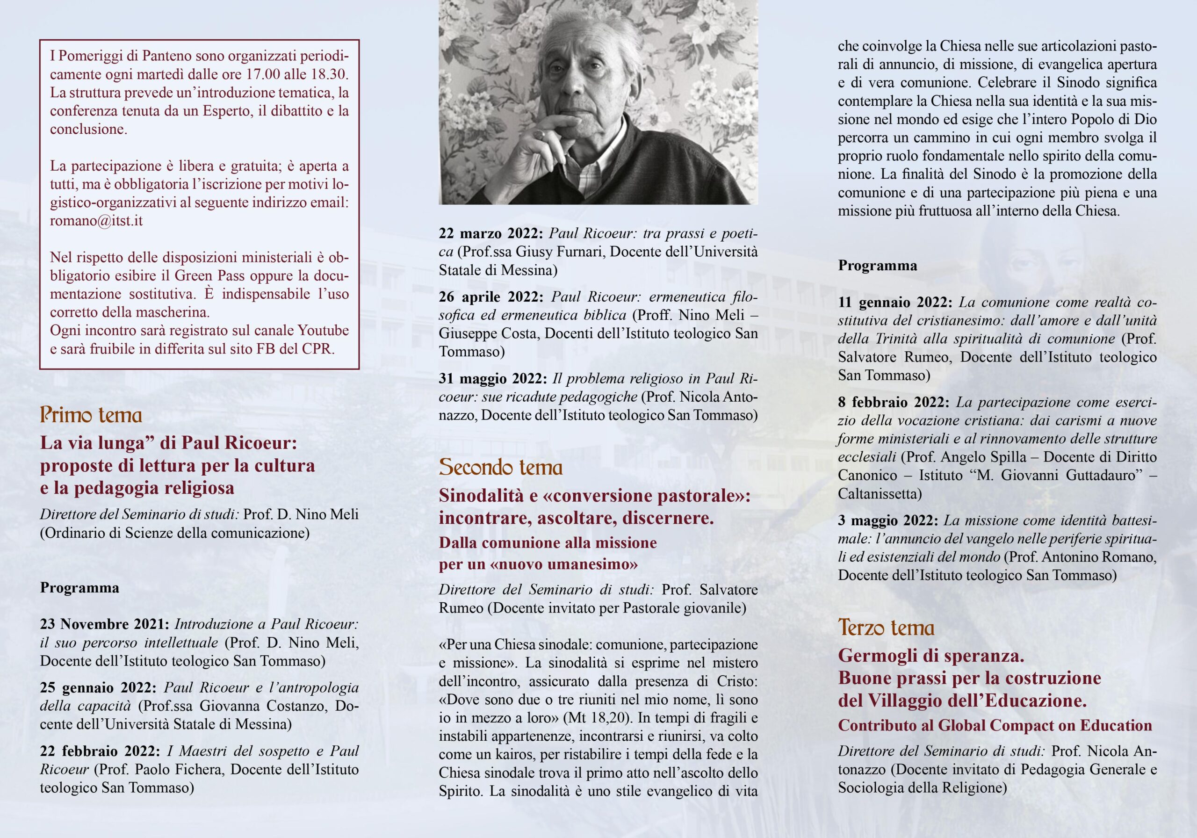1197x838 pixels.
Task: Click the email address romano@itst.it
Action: tap(96, 221)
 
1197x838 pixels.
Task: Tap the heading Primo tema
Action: tap(91, 416)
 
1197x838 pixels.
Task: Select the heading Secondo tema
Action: tap(500, 467)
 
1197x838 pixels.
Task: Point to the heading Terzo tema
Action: tap(886, 627)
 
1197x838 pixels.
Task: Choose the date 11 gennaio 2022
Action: tap(895, 303)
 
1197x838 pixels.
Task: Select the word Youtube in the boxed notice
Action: tap(323, 331)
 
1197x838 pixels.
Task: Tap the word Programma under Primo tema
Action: tap(79, 588)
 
